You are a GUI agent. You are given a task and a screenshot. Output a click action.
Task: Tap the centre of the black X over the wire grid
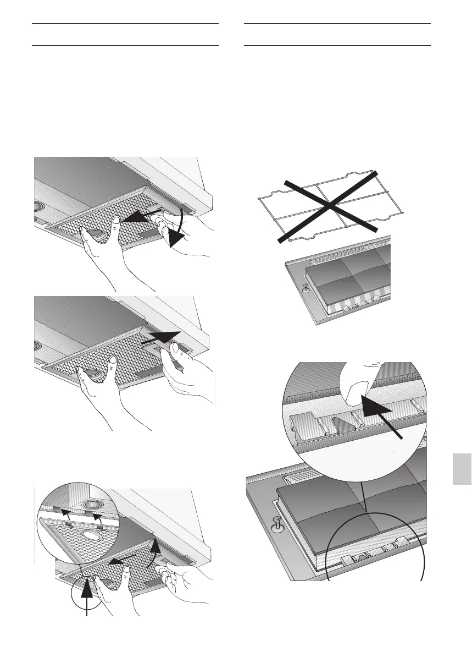pos(329,206)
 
